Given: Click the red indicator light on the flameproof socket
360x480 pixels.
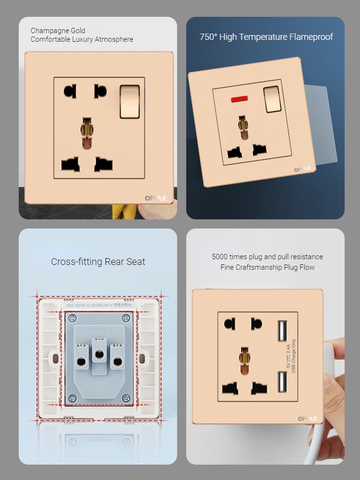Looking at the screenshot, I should click(x=238, y=99).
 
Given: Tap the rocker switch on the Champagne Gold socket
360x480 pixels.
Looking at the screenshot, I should click(x=129, y=101).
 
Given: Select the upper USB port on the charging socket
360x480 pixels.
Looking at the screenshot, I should click(x=281, y=331).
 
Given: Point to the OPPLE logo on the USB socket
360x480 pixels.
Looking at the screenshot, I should click(x=307, y=419).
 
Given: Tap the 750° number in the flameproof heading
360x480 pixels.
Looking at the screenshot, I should click(x=208, y=37).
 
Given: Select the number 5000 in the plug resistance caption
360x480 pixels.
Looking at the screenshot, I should click(x=221, y=257).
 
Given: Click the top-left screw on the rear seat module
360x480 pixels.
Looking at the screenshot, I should click(x=72, y=318).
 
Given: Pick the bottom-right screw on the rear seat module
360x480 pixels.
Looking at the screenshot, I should click(x=126, y=398).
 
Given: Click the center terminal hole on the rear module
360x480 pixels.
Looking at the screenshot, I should click(x=99, y=354).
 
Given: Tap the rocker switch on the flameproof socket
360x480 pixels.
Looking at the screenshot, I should click(x=271, y=98).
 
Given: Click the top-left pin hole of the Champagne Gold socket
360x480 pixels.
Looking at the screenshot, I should click(x=70, y=91).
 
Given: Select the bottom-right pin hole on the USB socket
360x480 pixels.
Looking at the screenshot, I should click(x=260, y=387).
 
